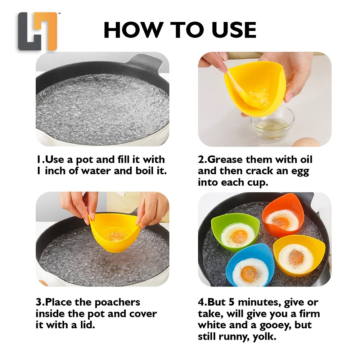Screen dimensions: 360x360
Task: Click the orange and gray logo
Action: coord(37,31)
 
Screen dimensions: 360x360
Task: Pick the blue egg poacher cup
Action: coord(249,266)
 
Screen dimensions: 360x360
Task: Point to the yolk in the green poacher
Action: coord(239,236)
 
